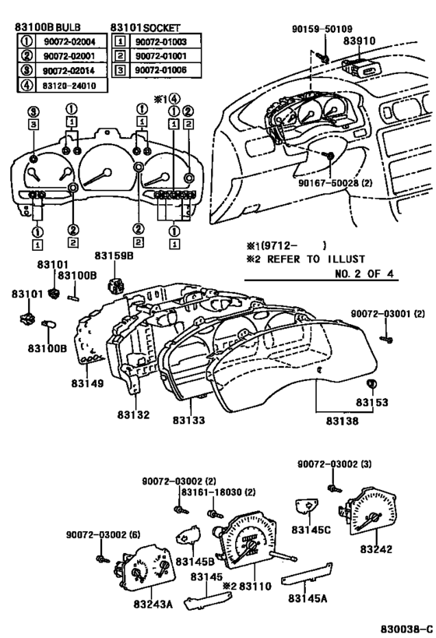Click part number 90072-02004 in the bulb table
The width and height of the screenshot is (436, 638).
coord(69,41)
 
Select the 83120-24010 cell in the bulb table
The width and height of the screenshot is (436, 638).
coord(69,86)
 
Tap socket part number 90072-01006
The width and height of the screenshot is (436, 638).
coord(161,70)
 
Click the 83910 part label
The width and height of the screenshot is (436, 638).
coord(359,41)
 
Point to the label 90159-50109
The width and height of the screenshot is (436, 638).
coord(322,29)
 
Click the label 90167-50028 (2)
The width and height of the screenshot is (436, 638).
coord(335,183)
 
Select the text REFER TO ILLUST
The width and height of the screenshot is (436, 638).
coord(316,259)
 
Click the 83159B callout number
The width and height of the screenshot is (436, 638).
coord(114,256)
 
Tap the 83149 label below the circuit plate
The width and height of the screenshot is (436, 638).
coord(87,383)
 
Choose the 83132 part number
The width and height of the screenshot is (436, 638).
coord(133,415)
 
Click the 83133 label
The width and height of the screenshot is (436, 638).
coord(188,421)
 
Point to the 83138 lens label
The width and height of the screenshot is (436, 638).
coord(342,421)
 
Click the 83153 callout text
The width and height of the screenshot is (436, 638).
coord(372,403)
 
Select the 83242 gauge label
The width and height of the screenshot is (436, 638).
coord(376,549)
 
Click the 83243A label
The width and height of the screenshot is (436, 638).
coord(153,605)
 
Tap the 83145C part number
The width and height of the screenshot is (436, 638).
coord(311,530)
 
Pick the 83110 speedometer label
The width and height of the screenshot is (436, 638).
coord(255,587)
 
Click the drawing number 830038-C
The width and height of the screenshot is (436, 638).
coord(406,629)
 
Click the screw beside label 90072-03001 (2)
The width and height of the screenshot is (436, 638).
coord(387,339)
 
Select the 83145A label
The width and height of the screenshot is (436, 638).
coord(308,598)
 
